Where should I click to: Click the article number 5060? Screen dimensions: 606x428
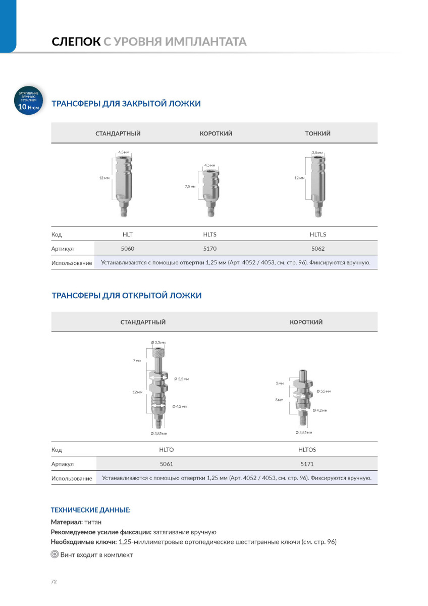coord(128,249)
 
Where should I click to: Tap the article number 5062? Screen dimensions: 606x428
coord(318,249)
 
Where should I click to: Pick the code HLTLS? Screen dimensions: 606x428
coord(318,235)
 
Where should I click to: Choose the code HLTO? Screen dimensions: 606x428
coord(167,449)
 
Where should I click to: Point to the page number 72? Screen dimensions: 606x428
coord(54,582)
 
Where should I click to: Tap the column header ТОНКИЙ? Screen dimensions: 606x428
coord(318,134)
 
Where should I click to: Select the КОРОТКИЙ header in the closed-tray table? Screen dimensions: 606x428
coord(216,134)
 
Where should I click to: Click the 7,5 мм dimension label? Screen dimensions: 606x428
coord(190,187)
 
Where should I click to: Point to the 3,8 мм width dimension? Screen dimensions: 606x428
coord(317,152)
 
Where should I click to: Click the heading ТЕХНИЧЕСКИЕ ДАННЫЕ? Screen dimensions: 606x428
coord(91,510)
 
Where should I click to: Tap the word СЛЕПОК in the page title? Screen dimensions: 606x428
coord(76,41)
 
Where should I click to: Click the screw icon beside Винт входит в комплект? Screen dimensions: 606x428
coord(55,555)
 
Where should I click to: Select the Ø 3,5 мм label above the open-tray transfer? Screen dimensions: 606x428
coord(158,343)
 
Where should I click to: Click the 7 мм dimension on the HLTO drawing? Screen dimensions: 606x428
coord(137,360)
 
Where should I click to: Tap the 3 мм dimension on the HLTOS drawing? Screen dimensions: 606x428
coord(280,384)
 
